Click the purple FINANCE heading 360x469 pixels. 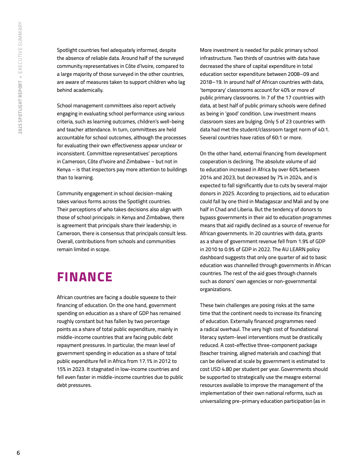[x=85, y=277]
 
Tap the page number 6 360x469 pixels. [x=18, y=453]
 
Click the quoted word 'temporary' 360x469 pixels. [x=215, y=90]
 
